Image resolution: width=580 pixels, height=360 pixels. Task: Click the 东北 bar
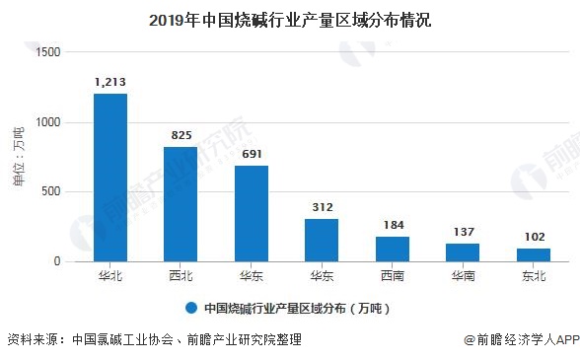point(534,254)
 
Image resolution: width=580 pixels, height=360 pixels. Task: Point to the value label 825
point(181,135)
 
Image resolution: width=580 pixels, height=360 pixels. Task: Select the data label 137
point(463,231)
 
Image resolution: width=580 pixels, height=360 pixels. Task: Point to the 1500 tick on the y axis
point(47,52)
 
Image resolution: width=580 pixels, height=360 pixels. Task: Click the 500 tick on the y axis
point(50,192)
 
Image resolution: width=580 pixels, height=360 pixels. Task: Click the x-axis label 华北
point(109,275)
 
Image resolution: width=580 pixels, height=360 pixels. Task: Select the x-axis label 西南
point(393,275)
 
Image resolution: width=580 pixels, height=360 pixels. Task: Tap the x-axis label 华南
point(463,275)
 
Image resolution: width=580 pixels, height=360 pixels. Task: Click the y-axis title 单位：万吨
point(17,157)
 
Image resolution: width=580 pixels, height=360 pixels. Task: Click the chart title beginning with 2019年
point(290,18)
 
